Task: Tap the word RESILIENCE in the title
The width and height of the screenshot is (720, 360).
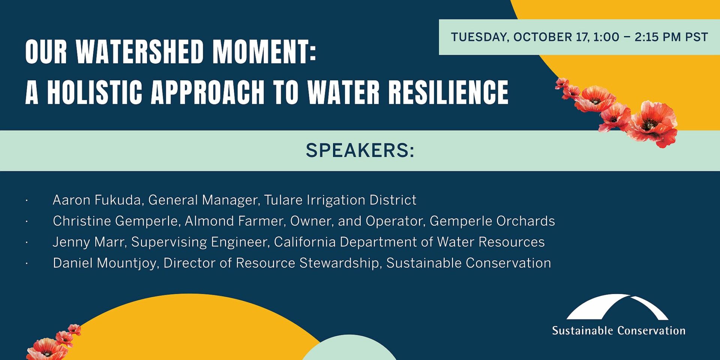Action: tap(448, 92)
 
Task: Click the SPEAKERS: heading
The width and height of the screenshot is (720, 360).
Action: tap(360, 151)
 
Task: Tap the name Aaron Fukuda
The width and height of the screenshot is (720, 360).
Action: tap(97, 200)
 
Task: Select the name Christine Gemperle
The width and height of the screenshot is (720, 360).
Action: tap(115, 221)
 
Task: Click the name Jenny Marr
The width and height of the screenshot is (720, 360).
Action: tap(88, 242)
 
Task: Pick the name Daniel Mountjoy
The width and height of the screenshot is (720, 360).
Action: tap(105, 263)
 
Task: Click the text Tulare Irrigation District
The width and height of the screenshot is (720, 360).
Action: tap(340, 200)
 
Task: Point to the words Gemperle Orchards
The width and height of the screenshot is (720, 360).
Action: tap(492, 221)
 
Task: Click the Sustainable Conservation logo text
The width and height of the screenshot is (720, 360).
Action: tap(618, 331)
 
